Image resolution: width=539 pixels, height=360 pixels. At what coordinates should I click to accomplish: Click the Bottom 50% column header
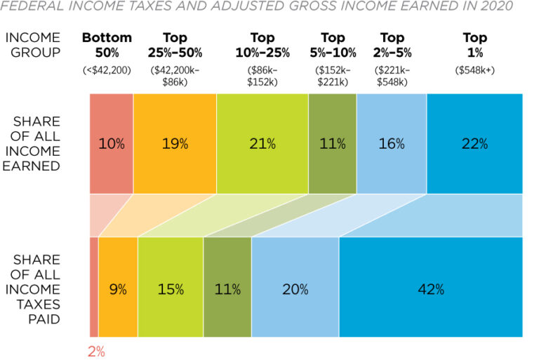107,45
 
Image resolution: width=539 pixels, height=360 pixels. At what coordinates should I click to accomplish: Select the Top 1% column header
474,45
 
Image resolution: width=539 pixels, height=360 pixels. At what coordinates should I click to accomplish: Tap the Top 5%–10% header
333,45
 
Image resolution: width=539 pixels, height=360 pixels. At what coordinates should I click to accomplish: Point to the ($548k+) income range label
474,69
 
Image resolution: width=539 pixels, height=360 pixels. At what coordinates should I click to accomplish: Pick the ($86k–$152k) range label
261,76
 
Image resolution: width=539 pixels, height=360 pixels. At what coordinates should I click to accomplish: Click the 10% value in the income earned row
111,144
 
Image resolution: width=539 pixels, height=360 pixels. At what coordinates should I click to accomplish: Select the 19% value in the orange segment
175,144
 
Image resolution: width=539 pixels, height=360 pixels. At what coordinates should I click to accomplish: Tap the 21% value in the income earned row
262,144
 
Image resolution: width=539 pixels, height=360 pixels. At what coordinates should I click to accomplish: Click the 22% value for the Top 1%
474,144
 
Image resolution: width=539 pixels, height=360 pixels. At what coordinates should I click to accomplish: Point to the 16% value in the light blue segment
391,144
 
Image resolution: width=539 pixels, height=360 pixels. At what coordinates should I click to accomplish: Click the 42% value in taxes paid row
430,288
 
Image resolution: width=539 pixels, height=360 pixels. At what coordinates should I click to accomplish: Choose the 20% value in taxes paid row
294,288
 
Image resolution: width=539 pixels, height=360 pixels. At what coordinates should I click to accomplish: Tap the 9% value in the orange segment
117,288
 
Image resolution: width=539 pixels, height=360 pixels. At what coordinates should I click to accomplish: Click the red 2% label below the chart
95,352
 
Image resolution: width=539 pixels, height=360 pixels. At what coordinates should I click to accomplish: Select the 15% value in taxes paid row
171,288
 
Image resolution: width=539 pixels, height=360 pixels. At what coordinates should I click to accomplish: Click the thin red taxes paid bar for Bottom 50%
94,288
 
